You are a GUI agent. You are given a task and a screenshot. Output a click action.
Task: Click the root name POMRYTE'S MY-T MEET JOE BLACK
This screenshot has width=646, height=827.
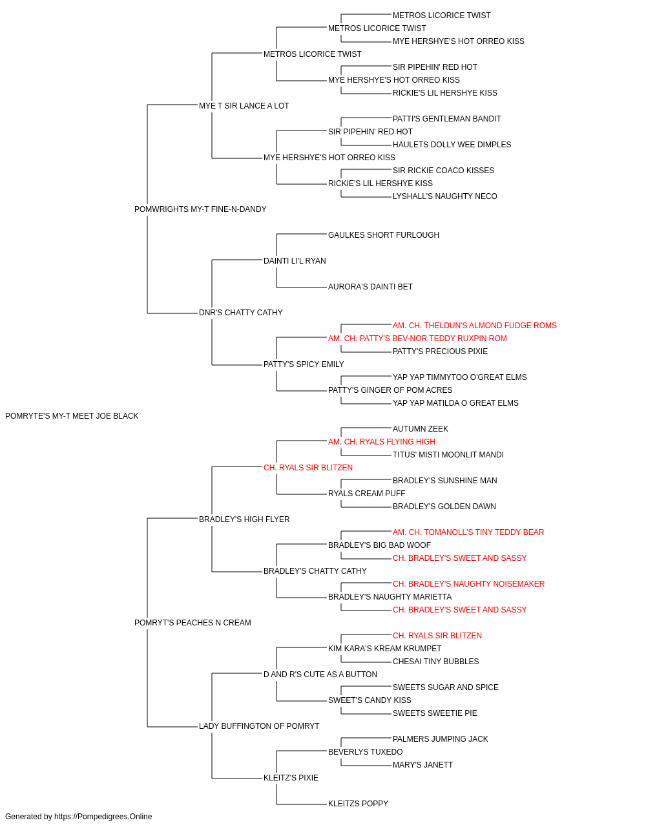coord(72,416)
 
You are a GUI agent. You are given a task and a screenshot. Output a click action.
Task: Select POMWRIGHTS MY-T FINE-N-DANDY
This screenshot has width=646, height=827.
coord(200,209)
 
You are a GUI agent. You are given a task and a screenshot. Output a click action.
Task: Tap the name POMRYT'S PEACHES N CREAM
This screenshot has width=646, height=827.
coord(193,623)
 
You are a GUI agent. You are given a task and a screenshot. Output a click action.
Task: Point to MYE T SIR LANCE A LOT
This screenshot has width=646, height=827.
coord(244,106)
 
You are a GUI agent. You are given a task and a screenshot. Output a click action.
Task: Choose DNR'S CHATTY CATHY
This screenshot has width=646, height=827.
coord(240,313)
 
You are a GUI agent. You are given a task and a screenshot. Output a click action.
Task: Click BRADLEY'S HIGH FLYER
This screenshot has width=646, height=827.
coord(244,519)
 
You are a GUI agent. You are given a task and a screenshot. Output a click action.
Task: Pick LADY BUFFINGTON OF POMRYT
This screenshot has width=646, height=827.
coord(259,726)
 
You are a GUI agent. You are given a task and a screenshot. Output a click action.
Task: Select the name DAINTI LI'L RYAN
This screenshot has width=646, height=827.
coord(295,260)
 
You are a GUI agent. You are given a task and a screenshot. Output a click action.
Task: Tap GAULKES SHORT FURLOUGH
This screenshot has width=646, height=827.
coord(384,235)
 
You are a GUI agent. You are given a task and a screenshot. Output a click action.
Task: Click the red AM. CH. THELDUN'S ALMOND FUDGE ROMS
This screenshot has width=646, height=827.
coord(474,326)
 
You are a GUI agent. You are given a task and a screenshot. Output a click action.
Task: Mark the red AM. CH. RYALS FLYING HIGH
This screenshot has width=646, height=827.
coord(382,441)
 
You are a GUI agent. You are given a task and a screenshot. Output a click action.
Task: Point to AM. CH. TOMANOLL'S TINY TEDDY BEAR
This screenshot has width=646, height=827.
coord(468,532)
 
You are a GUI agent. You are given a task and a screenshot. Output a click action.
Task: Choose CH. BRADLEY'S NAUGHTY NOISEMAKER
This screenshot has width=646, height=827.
coord(469,584)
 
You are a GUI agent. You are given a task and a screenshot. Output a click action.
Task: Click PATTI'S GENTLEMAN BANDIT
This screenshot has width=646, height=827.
coord(446,119)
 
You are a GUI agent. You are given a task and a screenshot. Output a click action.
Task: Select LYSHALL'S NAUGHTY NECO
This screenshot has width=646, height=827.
coord(444,196)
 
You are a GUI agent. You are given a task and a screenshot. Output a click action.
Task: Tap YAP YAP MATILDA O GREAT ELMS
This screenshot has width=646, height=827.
coord(455,403)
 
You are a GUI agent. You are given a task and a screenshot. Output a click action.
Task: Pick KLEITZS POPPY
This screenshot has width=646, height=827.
coord(358,803)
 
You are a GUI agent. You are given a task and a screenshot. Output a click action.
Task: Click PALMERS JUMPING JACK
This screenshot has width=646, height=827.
coord(440,738)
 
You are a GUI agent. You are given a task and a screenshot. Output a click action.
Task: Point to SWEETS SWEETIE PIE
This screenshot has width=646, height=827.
coord(435,713)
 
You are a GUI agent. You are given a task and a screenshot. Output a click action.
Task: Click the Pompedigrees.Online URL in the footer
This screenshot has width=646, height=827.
coord(103,817)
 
